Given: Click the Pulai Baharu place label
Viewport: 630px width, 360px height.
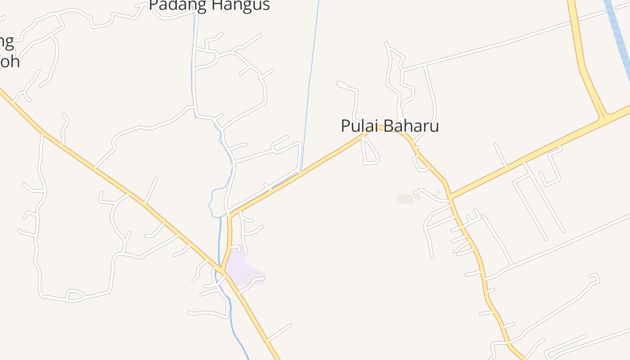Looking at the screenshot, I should tap(390, 126).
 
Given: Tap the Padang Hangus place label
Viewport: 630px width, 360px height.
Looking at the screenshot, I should tap(209, 5).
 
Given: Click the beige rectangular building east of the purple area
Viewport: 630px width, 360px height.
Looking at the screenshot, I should tap(405, 198).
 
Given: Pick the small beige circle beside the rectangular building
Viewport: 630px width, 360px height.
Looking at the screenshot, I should tap(418, 197).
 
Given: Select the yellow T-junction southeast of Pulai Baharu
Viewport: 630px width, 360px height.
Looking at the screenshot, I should tap(450, 197).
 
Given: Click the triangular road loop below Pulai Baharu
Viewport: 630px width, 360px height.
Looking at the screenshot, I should tap(370, 152).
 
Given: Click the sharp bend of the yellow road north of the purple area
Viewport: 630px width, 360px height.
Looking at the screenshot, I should tap(230, 216).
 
